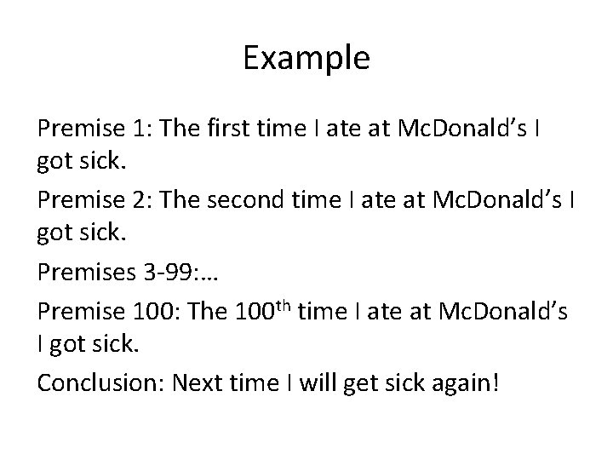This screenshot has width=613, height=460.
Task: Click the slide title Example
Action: pos(306,58)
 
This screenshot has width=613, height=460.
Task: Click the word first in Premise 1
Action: pos(225,129)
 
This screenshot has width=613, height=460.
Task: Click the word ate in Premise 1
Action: pos(338,129)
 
